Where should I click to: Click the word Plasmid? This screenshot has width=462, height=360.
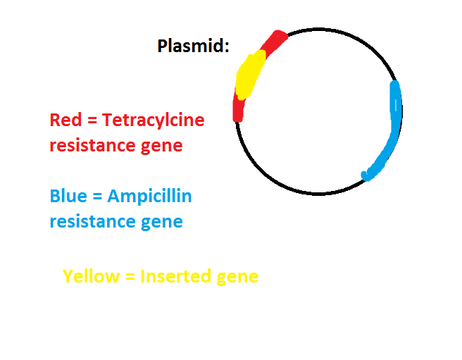coord(191,46)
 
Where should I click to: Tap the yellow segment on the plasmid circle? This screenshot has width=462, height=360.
coord(250,75)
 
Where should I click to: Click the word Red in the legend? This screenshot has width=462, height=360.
coord(65,120)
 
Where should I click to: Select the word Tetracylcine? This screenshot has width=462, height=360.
coord(154,121)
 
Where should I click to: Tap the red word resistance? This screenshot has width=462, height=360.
coord(92,145)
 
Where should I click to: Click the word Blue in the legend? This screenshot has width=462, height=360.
coord(68,196)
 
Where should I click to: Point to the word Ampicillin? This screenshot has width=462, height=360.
coord(150,197)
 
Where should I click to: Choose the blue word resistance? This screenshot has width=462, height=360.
coord(92,221)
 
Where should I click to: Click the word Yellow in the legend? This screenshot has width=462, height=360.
coord(91,276)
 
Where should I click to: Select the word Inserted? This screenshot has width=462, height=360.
coord(175,276)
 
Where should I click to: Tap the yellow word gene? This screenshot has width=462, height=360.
coord(237,278)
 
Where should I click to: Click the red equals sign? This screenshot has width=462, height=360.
coord(92,120)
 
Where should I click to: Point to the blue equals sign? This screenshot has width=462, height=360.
coord(97,197)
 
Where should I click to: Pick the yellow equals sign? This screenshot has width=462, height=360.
coord(130,277)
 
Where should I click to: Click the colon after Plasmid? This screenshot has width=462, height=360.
coord(227,47)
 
